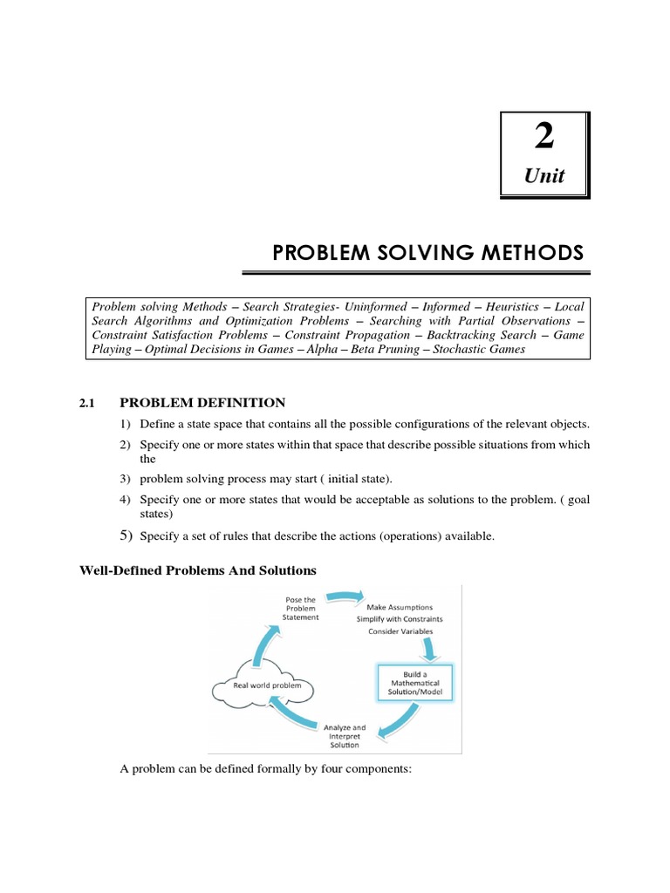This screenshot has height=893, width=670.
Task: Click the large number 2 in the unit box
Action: coord(543,139)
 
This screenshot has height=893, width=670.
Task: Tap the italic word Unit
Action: coord(543,176)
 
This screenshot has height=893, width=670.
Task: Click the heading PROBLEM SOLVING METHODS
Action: coord(427,253)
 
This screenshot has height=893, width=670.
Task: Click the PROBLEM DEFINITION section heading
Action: coord(202,402)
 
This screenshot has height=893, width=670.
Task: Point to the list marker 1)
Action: coord(126,425)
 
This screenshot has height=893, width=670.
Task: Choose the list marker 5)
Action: coord(126,535)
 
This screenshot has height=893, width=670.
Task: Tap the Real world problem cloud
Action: coord(259,686)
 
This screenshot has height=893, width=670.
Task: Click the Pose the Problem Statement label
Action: coord(300,608)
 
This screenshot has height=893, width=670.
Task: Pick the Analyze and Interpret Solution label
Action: coord(345,733)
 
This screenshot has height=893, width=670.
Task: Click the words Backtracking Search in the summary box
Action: coord(477,335)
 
